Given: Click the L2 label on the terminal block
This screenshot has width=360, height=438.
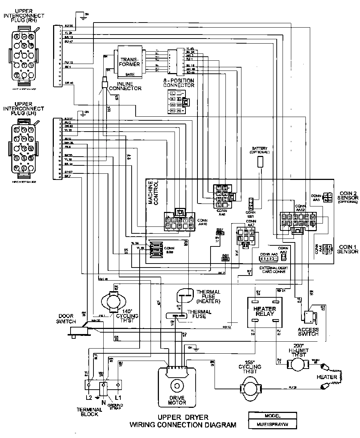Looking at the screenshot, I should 88,397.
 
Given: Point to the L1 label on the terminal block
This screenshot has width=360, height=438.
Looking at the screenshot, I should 118,397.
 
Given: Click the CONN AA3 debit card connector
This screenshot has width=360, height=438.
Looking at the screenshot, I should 269,258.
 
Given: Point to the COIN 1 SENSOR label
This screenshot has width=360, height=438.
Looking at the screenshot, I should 347,249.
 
